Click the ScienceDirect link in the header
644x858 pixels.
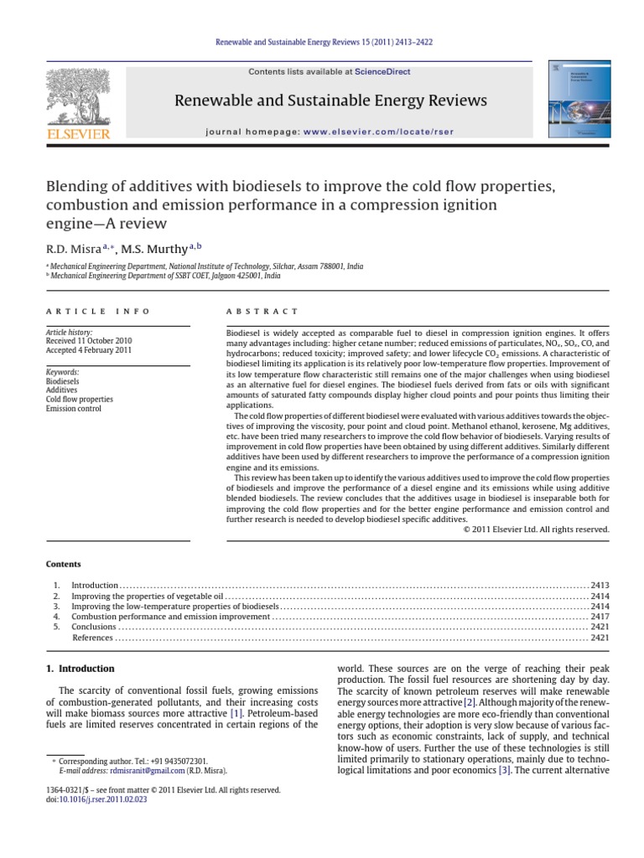tap(383, 72)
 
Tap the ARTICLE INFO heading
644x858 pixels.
tap(98, 311)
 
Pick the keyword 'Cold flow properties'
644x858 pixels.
tap(79, 399)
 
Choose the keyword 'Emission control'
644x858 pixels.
tap(74, 408)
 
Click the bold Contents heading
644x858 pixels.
tap(64, 564)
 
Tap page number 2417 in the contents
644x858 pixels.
tap(600, 616)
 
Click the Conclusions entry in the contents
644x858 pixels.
tap(94, 626)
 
